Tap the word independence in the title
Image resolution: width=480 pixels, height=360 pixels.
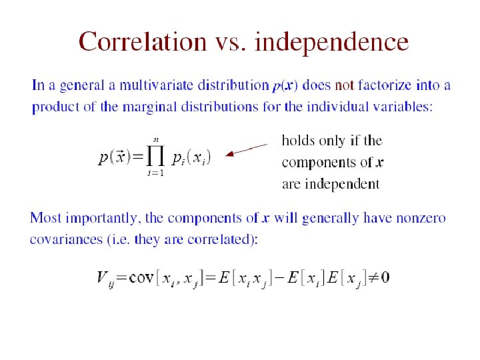click(x=332, y=42)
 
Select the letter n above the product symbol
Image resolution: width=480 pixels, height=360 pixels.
click(x=156, y=139)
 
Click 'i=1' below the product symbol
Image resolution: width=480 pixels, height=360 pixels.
click(x=156, y=174)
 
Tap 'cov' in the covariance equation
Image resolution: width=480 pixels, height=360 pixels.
click(x=141, y=277)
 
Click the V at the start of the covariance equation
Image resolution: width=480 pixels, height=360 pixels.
click(x=103, y=277)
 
